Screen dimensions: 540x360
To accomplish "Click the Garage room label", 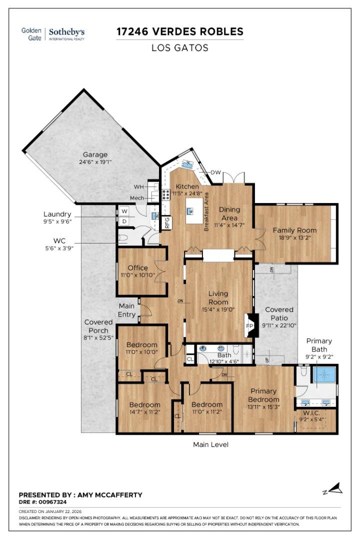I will tap(95, 154).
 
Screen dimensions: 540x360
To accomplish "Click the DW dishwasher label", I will tap(215, 172).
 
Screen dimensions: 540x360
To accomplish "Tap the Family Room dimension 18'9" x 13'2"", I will tap(294, 238).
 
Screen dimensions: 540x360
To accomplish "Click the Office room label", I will tap(137, 268).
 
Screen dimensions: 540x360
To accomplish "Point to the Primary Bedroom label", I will tap(263, 395).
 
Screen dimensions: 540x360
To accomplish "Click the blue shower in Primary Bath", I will tap(325, 375).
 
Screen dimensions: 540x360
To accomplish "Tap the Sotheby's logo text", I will tap(66, 31).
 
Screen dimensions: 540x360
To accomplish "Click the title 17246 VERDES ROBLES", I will tap(180, 32).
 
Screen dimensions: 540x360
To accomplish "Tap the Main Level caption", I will tap(210, 444).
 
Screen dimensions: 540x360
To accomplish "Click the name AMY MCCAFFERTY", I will tap(109, 494).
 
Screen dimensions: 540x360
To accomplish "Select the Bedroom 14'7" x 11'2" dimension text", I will tap(144, 412).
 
